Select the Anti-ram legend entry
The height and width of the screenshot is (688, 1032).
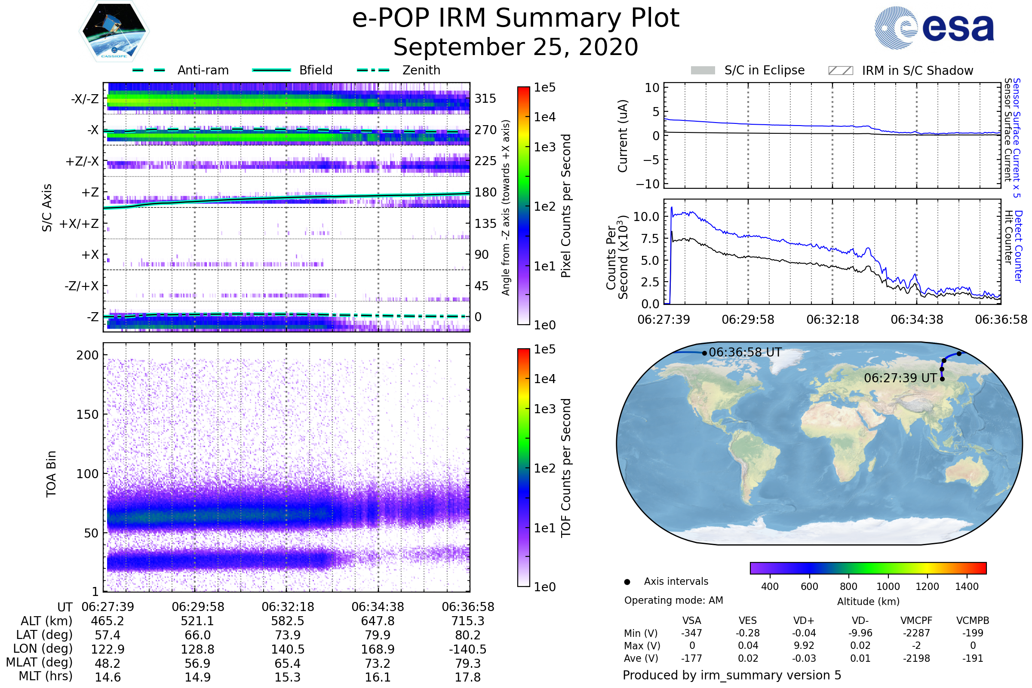coord(203,70)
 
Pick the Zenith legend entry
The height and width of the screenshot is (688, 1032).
coord(421,70)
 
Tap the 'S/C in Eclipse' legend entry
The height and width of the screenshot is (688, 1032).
coord(764,70)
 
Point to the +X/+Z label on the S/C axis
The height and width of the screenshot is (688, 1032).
coord(79,224)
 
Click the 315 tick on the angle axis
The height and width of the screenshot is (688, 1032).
coord(485,99)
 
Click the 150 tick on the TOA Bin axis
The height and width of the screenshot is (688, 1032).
coord(87,415)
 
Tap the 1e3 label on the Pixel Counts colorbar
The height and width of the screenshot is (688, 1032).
coord(544,147)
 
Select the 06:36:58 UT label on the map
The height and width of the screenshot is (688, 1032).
coord(745,352)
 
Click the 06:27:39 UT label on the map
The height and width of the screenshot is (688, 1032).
coord(900,378)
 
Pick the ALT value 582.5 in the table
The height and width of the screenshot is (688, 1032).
coord(287,621)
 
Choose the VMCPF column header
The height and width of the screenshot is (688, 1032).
coord(916,621)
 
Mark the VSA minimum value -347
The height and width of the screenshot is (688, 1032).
coord(691,633)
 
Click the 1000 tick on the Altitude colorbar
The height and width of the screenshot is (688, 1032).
coord(888,587)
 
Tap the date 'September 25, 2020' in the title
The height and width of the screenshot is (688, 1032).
coord(516,47)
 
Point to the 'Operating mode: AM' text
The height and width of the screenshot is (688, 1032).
coord(673,600)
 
